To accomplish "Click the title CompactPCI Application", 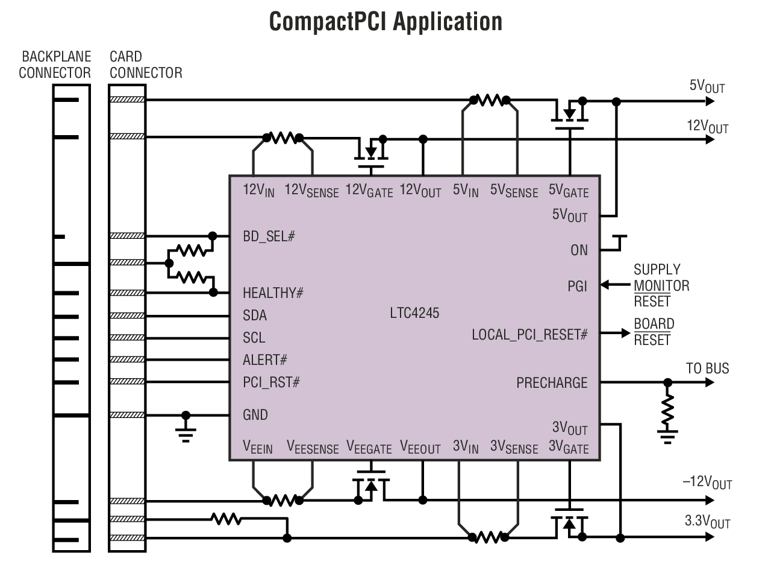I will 385,21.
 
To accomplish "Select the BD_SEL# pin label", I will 269,236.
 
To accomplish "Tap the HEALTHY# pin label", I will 273,293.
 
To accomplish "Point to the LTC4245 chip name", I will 414,313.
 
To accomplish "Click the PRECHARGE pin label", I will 551,382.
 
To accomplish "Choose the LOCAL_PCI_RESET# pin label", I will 529,334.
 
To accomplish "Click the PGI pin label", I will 577,286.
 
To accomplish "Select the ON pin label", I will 579,250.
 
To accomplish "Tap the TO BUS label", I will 707,369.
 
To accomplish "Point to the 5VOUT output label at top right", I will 707,86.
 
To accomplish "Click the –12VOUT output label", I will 707,483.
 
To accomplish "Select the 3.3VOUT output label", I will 707,521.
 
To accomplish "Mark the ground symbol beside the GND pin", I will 186,431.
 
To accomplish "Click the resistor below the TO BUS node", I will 667,410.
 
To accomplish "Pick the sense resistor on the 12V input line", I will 282,138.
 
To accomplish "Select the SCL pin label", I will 254,338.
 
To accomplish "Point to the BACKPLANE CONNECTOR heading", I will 55,65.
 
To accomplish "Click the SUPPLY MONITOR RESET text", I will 661,285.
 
